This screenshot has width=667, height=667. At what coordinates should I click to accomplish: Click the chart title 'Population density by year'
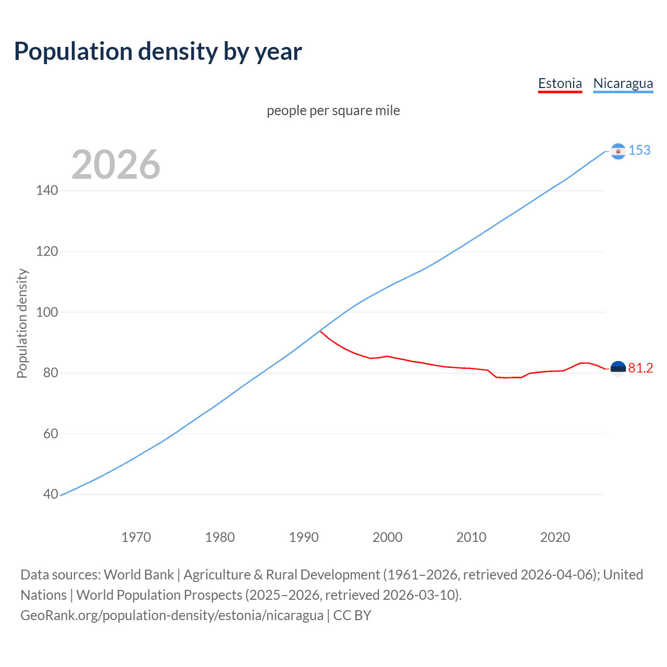[x=158, y=52]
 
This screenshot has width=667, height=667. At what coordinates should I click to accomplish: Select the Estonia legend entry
[x=560, y=83]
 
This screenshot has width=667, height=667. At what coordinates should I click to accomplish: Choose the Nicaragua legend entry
[x=623, y=83]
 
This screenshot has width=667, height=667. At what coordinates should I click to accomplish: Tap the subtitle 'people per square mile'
[x=333, y=110]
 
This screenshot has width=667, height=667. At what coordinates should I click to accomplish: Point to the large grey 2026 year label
[x=116, y=165]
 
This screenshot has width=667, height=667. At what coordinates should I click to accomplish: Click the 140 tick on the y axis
[x=47, y=190]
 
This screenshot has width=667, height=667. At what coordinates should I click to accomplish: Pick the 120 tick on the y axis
[x=47, y=251]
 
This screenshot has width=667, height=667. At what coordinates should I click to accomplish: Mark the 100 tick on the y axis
[x=47, y=312]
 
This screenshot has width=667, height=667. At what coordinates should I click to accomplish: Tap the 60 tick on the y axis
[x=50, y=434]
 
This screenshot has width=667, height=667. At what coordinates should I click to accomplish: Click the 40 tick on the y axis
[x=50, y=494]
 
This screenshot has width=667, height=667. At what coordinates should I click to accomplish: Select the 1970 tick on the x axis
[x=136, y=537]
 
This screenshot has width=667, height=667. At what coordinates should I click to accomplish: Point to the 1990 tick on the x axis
[x=304, y=537]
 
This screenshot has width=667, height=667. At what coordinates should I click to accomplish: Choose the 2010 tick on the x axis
[x=471, y=537]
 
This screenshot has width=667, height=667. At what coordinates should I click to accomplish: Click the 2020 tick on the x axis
[x=555, y=537]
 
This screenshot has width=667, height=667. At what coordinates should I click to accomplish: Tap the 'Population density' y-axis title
[x=22, y=323]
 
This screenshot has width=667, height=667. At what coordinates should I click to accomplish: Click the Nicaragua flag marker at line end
[x=618, y=151]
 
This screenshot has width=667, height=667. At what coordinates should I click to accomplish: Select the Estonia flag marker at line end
[x=618, y=369]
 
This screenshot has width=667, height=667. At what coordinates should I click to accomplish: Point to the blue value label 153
[x=639, y=150]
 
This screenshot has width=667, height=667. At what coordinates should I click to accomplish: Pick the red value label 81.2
[x=640, y=368]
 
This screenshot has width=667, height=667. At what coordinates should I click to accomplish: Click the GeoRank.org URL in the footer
[x=172, y=615]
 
